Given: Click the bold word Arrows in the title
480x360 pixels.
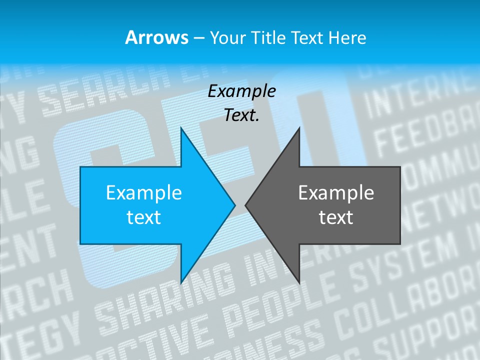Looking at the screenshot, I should (156, 37).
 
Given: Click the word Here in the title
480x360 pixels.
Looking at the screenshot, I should (348, 37).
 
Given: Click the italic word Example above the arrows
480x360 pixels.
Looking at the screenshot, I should (241, 91).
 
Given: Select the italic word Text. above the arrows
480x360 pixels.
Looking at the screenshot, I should (241, 115).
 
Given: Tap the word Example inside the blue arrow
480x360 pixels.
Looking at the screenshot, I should (143, 192).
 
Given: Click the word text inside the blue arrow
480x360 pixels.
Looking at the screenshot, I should (143, 217).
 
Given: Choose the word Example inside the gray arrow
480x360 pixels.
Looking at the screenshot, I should (336, 192).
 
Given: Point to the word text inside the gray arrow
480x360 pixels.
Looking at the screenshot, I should (336, 217).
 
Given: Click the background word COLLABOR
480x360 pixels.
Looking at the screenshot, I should (405, 305).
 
